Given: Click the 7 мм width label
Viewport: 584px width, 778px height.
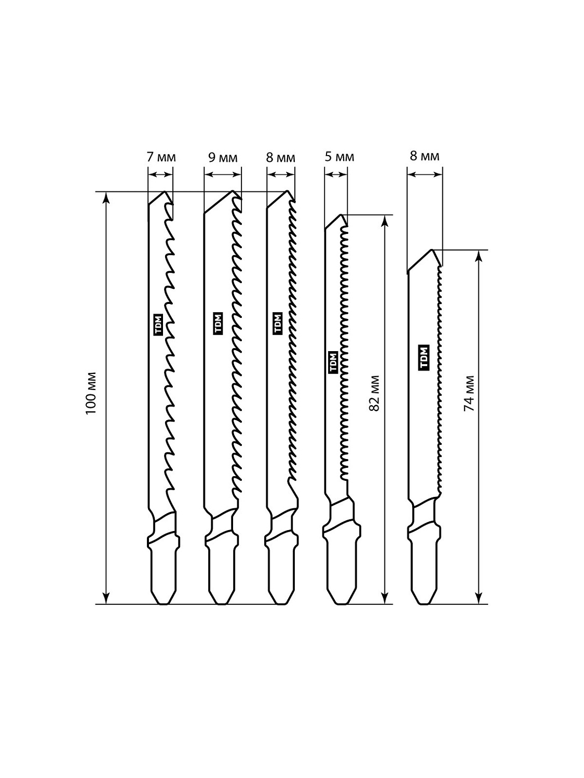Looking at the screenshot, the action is [x=161, y=157].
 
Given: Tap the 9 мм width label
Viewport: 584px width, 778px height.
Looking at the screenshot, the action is [x=223, y=157].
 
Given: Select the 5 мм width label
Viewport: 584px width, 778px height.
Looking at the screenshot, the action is [x=339, y=156].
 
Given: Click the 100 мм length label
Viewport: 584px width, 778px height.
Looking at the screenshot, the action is [x=91, y=393].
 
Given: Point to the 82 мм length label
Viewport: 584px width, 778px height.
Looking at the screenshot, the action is [x=374, y=393].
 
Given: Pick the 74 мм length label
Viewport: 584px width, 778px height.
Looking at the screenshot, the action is [x=469, y=393].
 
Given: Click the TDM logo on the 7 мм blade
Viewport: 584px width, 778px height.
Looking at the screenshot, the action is [x=158, y=324].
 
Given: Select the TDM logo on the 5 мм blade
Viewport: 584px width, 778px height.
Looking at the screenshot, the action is [x=333, y=362].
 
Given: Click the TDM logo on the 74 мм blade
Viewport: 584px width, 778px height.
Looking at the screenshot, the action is [x=424, y=358].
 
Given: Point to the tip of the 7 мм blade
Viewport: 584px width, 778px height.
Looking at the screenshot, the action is [x=165, y=191].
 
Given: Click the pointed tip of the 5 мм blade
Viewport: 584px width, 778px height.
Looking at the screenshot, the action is [x=341, y=214].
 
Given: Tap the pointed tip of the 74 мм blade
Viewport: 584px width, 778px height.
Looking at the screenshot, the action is [x=432, y=250].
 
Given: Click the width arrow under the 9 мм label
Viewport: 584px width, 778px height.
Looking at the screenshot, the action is [x=223, y=174].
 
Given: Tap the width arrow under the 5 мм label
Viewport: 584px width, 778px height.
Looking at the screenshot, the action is [x=336, y=174].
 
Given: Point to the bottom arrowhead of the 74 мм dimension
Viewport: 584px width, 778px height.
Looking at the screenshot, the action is [x=479, y=598].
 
